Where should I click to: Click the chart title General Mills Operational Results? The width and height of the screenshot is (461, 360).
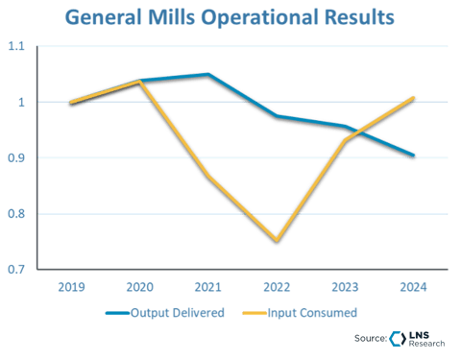point(230,18)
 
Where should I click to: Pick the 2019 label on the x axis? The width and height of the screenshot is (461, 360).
point(71,286)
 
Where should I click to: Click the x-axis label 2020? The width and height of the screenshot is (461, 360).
point(139,286)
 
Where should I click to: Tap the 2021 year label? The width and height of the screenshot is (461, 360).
point(207,286)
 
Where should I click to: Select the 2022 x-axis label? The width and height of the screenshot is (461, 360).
point(276,286)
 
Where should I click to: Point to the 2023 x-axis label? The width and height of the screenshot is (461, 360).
point(344,286)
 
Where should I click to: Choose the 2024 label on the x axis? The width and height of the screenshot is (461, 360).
point(412,286)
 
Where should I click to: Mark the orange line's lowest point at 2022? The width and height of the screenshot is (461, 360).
point(276,241)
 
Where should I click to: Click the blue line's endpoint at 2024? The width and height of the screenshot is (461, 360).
point(412,155)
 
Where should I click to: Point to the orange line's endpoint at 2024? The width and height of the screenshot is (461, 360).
point(412,97)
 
